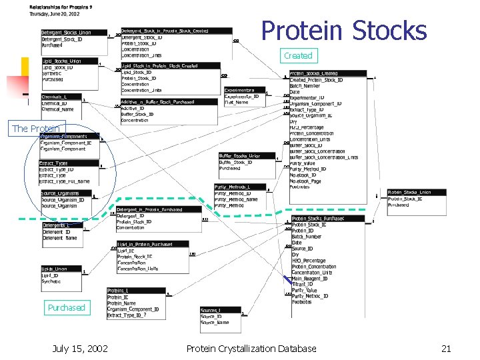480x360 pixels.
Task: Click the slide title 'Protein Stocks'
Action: (343, 31)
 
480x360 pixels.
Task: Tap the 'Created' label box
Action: (297, 55)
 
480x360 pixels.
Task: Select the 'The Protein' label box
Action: (36, 129)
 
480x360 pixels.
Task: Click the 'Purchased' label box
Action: (66, 307)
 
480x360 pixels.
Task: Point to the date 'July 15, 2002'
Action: (80, 349)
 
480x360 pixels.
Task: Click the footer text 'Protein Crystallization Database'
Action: (251, 349)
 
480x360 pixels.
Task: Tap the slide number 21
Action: (447, 349)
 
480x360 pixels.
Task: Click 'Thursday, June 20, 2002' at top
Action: (55, 13)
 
